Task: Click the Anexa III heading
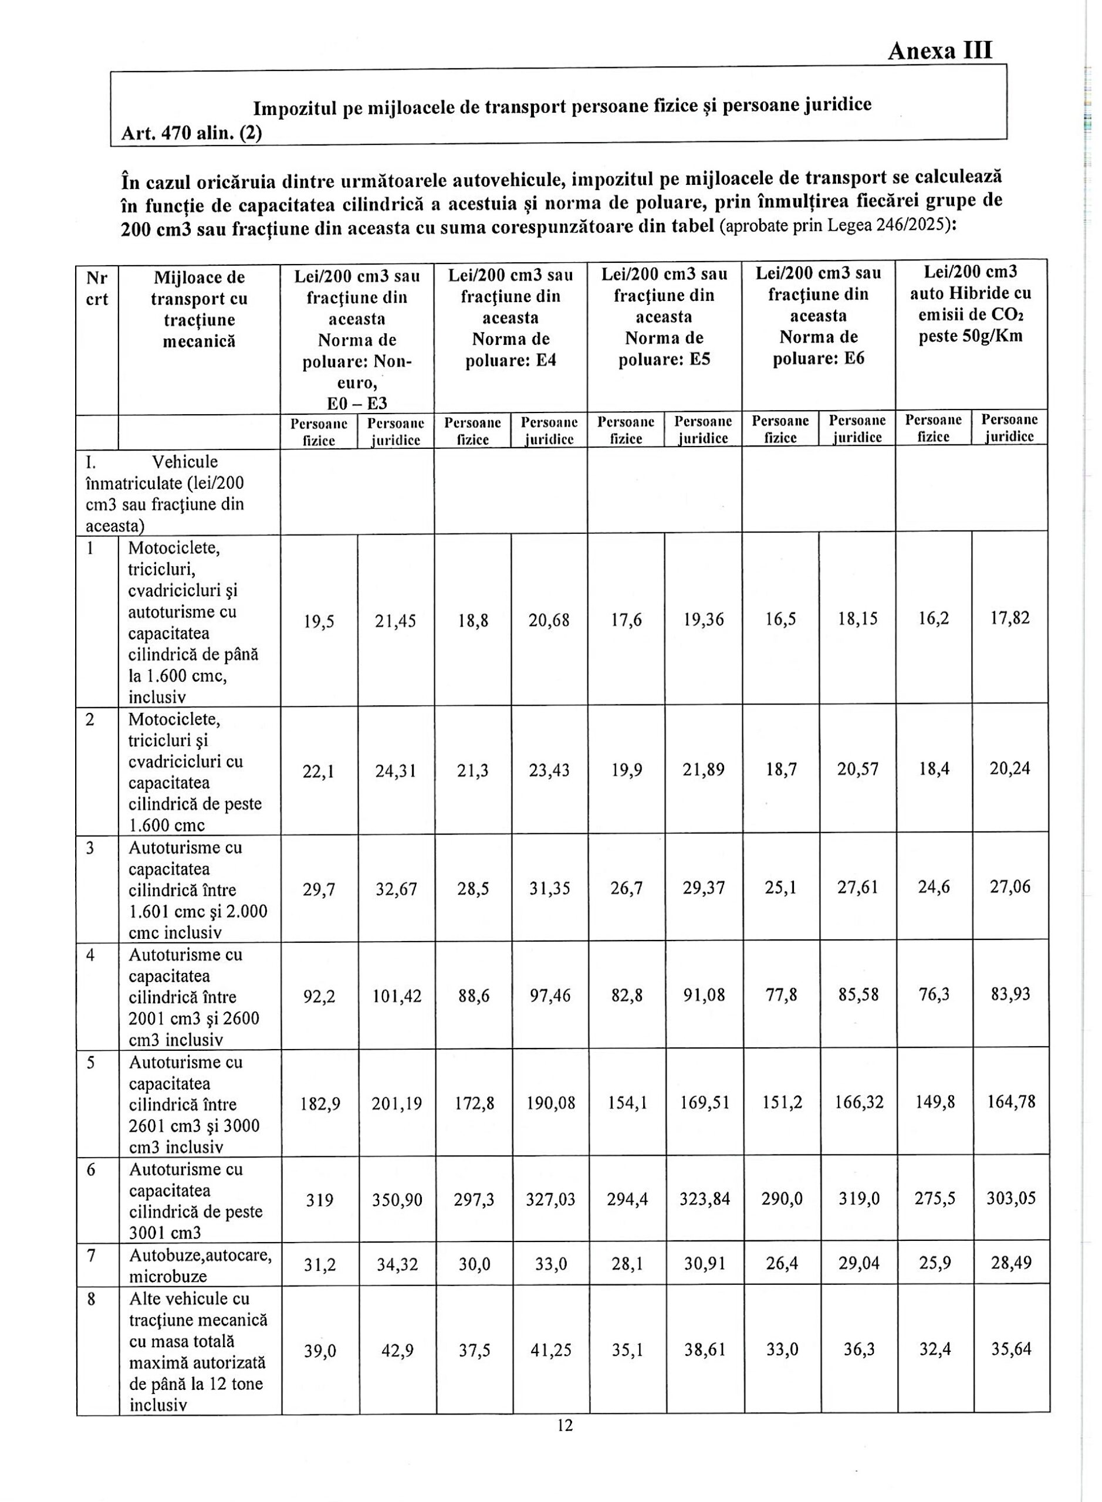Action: click(x=939, y=50)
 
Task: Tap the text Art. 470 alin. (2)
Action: click(x=191, y=133)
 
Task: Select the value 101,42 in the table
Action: click(x=396, y=995)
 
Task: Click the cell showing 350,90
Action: click(x=396, y=1199)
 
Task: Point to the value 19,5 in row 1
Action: click(x=319, y=621)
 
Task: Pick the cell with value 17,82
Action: click(x=1010, y=618)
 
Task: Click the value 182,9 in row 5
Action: click(x=319, y=1102)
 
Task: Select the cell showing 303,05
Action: click(x=1010, y=1198)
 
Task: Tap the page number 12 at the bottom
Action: click(x=564, y=1425)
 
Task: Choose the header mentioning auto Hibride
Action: click(x=971, y=303)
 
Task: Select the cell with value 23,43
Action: click(x=549, y=770)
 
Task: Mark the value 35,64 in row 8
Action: click(x=1010, y=1350)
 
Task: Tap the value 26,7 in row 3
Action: click(x=625, y=888)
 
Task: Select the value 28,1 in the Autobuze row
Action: click(x=625, y=1263)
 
